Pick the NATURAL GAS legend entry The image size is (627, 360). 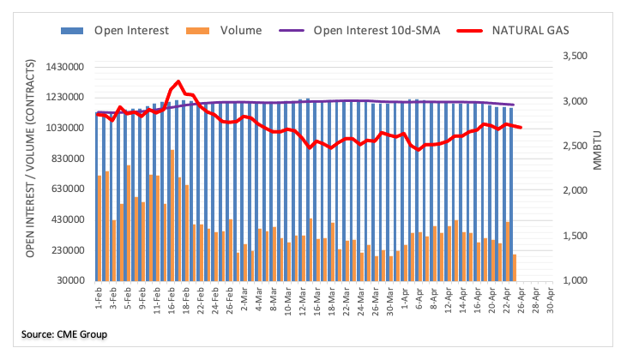(518, 31)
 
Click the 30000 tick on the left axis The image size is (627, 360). (78, 280)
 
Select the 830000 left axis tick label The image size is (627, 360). (75, 159)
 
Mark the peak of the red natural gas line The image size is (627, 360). (178, 81)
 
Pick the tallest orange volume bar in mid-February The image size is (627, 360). (172, 215)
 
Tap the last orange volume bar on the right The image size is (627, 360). (515, 267)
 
